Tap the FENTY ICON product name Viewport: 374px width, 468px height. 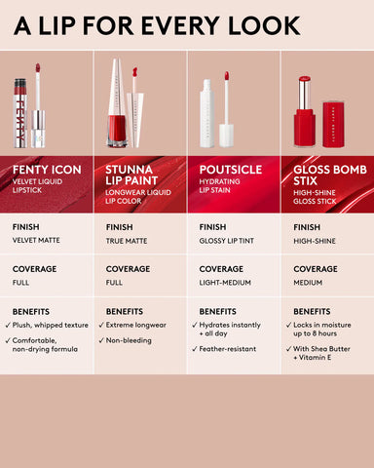(46, 170)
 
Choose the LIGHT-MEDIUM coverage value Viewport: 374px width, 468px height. (227, 283)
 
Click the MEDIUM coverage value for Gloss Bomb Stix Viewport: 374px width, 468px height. (309, 283)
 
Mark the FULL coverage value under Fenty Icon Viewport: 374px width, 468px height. (21, 283)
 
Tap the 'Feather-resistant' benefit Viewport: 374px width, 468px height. (232, 348)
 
